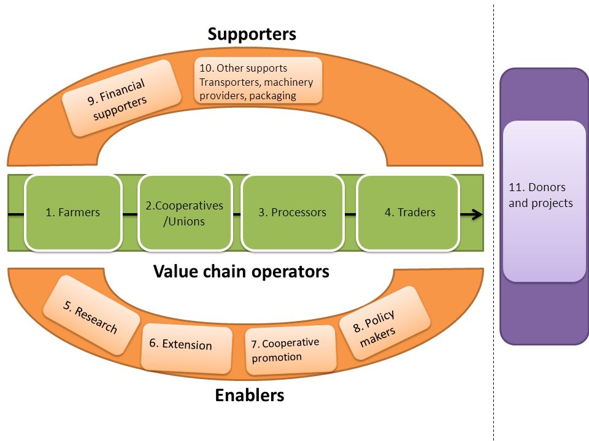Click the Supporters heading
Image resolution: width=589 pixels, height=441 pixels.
click(x=252, y=34)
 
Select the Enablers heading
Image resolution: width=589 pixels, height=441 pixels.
click(x=250, y=395)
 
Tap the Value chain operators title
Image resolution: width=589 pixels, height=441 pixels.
click(x=241, y=271)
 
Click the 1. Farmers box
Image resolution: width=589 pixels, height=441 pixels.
click(x=73, y=213)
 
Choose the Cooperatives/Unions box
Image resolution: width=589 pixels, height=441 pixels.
click(x=185, y=213)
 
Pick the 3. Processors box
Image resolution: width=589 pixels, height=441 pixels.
click(x=292, y=213)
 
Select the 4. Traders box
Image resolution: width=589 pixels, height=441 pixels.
click(x=408, y=213)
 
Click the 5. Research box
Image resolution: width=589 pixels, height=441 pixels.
click(x=91, y=315)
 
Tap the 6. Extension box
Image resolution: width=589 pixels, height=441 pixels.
click(x=187, y=349)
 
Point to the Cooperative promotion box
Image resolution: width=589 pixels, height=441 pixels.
click(x=290, y=350)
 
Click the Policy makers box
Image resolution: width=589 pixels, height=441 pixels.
click(x=385, y=323)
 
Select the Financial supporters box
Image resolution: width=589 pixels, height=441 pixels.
click(x=121, y=98)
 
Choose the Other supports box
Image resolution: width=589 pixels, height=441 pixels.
click(x=258, y=80)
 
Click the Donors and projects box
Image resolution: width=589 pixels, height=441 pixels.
click(x=544, y=201)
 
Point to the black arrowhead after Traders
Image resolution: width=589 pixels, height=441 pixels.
click(x=477, y=214)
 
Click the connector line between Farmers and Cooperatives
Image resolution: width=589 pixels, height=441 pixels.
click(x=130, y=214)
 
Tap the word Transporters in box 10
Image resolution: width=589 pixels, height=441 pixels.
click(x=224, y=82)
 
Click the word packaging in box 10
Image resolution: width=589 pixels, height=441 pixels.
click(x=272, y=96)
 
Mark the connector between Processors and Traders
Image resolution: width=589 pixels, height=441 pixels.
click(x=350, y=214)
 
